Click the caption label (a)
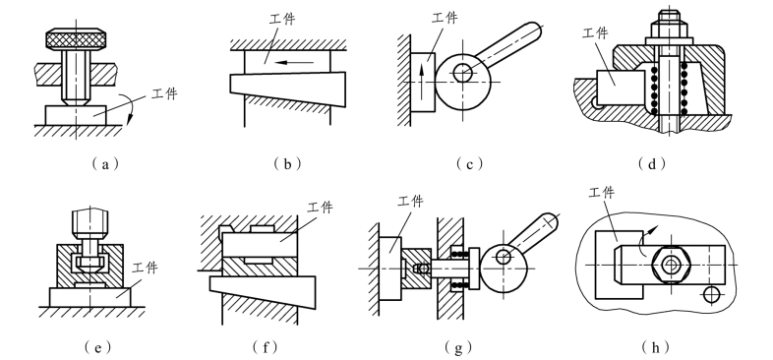(104, 163)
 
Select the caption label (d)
(652, 163)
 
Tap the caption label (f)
(267, 347)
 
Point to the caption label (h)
(656, 347)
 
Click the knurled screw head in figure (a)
(76, 39)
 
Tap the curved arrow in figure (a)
(130, 109)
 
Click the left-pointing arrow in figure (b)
(295, 63)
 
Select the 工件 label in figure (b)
(282, 19)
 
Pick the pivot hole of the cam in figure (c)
(463, 74)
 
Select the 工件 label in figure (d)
(595, 33)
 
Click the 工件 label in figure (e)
(145, 268)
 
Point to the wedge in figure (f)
(263, 291)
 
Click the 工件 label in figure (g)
(410, 202)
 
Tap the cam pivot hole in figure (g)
(504, 256)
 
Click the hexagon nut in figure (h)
(669, 265)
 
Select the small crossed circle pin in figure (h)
(710, 294)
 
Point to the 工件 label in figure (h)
(602, 192)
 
